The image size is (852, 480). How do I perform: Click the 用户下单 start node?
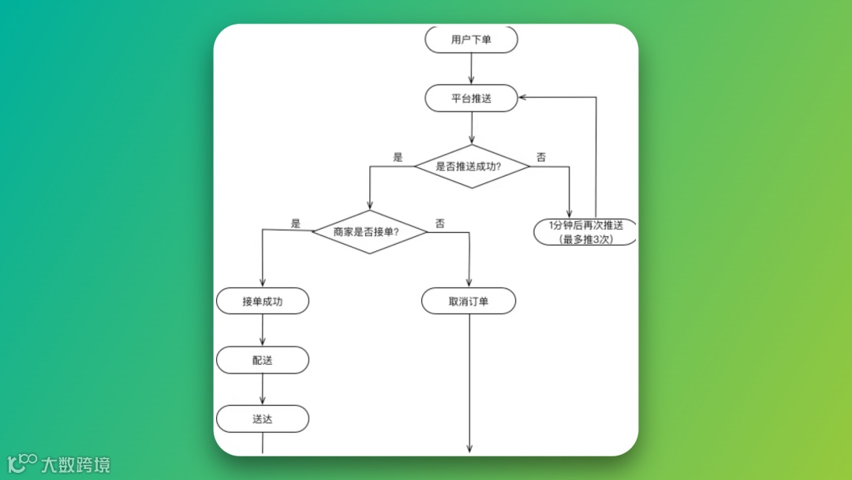(471, 39)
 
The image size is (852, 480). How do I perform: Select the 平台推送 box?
(471, 99)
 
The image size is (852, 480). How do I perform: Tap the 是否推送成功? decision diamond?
(471, 167)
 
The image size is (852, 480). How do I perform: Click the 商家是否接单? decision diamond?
(369, 232)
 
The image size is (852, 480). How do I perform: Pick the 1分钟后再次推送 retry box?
(585, 231)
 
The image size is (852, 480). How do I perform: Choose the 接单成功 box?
(262, 301)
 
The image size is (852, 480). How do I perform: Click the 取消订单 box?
(469, 301)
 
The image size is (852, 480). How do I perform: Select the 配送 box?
(262, 360)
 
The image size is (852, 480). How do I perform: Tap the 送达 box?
(262, 419)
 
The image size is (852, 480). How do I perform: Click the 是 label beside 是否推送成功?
(398, 157)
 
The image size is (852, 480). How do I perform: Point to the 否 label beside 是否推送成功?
(541, 157)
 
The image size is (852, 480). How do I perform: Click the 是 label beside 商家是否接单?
(296, 223)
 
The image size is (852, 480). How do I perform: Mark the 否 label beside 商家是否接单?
(440, 223)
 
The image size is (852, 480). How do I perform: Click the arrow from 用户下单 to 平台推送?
(471, 69)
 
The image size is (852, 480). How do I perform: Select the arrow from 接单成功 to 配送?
(262, 330)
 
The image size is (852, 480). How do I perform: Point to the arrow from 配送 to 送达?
(262, 389)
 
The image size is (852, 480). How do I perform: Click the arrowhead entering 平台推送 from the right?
(524, 97)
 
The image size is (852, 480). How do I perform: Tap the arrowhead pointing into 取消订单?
(469, 283)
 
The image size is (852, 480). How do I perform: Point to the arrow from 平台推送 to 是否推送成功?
(471, 128)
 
